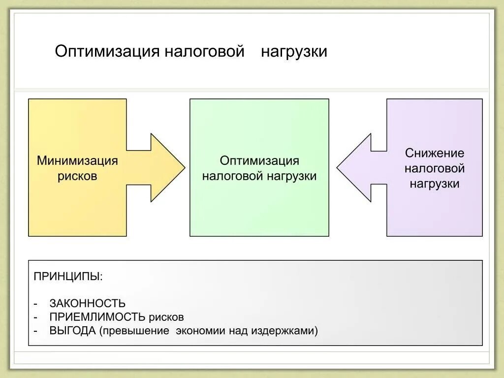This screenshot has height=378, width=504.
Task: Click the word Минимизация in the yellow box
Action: point(77,161)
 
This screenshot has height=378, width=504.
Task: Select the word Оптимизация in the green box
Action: point(259,161)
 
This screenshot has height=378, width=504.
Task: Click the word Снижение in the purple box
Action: point(435,153)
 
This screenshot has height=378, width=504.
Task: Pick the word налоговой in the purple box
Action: point(435,168)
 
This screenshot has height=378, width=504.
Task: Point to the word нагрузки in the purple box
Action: point(435,184)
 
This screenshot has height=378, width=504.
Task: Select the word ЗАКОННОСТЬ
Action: point(87,304)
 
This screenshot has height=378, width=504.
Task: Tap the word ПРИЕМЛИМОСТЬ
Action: point(97,317)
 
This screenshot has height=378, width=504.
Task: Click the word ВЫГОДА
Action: point(72,331)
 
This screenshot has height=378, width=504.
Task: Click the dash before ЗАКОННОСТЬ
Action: point(36,304)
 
